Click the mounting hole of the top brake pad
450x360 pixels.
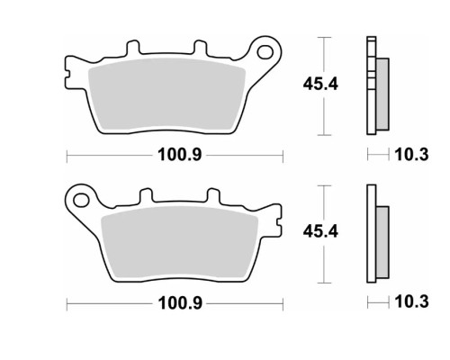click(x=265, y=52)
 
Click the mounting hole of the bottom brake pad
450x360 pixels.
click(x=81, y=200)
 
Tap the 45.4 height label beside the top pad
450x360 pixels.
click(x=320, y=84)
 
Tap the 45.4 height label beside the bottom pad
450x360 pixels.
click(x=320, y=231)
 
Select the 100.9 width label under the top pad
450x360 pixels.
click(x=180, y=155)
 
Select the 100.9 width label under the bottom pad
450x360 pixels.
click(x=180, y=303)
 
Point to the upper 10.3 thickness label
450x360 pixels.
click(x=411, y=155)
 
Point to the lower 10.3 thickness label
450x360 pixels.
click(x=411, y=301)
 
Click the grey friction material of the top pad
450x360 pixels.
click(x=166, y=95)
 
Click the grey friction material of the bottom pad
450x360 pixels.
click(x=180, y=243)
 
